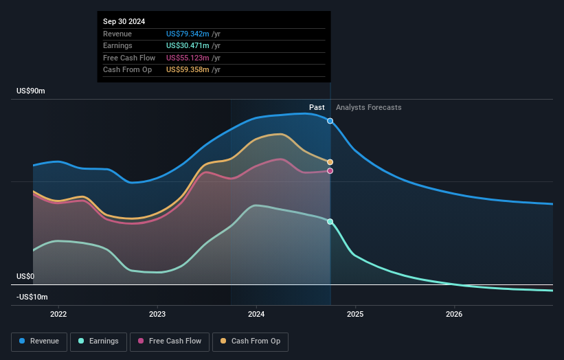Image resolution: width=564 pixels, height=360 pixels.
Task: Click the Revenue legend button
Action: point(39,341)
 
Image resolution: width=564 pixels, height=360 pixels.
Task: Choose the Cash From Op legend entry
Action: point(251,341)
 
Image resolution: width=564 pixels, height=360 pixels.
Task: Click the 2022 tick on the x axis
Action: point(58,315)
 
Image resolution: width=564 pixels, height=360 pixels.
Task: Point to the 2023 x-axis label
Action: point(157,315)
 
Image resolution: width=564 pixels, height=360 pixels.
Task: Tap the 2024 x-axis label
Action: point(256,315)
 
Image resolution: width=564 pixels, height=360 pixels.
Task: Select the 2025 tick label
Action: point(355,315)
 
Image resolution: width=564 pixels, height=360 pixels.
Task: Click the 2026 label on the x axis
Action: point(454,315)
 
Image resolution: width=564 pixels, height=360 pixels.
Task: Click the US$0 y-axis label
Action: point(25,276)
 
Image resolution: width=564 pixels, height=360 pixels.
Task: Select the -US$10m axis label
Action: point(32,297)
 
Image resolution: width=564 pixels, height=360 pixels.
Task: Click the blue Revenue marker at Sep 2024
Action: point(330,121)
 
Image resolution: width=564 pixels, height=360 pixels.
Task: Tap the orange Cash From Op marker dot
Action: point(330,162)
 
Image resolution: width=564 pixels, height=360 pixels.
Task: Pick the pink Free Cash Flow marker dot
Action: point(330,171)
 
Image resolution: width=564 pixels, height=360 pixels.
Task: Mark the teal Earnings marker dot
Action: point(330,222)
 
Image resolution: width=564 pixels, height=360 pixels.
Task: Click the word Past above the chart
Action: point(317,107)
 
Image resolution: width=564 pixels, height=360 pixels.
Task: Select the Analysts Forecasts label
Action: point(368,107)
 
